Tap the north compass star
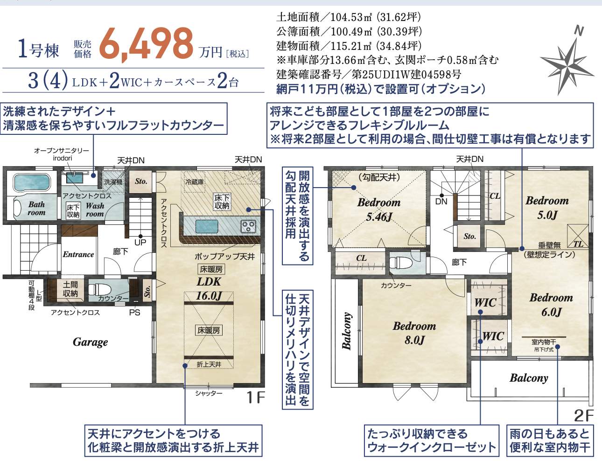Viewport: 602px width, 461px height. pos(566,66)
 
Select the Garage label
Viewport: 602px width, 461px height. pos(91,342)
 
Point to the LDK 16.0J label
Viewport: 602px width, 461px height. pos(209,289)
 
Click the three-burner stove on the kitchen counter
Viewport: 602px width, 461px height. pos(249,225)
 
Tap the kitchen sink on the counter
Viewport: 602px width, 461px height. pos(207,226)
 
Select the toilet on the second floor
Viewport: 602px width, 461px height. pos(399,263)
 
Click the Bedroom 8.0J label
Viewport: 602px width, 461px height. pos(414,333)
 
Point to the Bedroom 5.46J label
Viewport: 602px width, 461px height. pos(379,210)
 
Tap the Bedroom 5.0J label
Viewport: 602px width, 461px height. pos(547,207)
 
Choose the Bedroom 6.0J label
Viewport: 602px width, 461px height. pos(551,305)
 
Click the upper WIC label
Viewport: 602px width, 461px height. pos(485,303)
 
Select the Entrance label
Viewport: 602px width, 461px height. pos(78,254)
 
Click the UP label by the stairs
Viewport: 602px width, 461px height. pos(140,243)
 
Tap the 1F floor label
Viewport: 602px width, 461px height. pos(255,398)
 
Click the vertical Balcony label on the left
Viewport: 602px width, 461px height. pos(347,331)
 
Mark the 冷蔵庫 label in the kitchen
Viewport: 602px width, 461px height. pos(195,182)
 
